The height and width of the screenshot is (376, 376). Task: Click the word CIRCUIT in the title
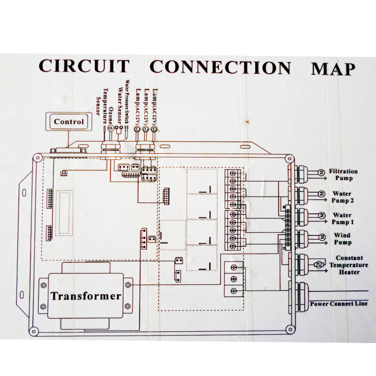coord(84,66)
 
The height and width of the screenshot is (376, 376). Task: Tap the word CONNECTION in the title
coord(220,67)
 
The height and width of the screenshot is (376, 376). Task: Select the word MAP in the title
coord(333,69)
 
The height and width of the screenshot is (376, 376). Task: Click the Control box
coord(69,122)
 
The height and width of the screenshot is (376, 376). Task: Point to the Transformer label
coord(86,296)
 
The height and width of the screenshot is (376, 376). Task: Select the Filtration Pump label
coord(343,175)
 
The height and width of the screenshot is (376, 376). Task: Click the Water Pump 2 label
coord(342,197)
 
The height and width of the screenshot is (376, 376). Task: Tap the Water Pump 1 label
coord(342,219)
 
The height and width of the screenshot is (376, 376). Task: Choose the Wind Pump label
coord(342,239)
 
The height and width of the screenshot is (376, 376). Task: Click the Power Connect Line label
coord(338,304)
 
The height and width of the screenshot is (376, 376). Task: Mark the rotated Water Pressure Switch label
coord(127,101)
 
